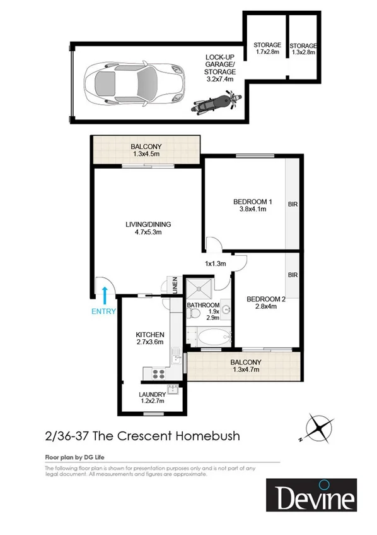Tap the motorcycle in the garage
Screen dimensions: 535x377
tap(215, 102)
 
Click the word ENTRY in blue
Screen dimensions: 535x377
tap(104, 311)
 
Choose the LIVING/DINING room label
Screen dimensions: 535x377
tap(148, 224)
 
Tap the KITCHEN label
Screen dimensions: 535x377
tap(150, 334)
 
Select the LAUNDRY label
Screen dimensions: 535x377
tap(151, 396)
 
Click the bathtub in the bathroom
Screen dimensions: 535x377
tap(211, 335)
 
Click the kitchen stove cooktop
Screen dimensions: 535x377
tap(156, 373)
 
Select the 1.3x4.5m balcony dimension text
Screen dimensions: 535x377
tap(146, 153)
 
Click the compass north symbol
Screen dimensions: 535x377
tap(320, 428)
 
